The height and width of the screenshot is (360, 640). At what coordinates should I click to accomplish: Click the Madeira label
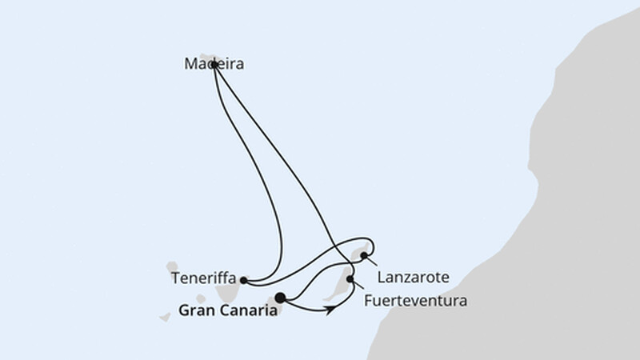coord(214,64)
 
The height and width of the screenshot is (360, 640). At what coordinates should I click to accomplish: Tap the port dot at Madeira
coord(214,65)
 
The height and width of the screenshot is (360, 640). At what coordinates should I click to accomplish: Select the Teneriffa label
coord(204,278)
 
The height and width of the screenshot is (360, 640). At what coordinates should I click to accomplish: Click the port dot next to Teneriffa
coord(244,281)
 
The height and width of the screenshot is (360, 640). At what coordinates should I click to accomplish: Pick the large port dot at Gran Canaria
coord(280,298)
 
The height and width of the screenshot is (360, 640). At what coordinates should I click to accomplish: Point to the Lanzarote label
coord(413,278)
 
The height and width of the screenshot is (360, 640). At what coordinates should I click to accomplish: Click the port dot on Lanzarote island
coord(364,256)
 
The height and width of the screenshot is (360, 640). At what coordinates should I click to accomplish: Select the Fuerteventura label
coord(415,302)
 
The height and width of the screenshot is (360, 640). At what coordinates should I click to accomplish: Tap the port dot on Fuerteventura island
coord(350,279)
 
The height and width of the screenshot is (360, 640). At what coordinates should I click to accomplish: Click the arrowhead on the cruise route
coord(332,310)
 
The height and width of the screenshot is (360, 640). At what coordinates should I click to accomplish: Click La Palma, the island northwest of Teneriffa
coord(172,267)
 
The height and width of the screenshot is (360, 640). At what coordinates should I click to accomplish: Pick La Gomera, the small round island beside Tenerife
coord(201,298)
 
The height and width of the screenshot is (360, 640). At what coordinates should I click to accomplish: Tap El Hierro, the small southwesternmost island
coord(165,317)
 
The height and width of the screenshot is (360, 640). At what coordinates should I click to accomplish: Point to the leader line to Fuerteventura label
coord(358,285)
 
